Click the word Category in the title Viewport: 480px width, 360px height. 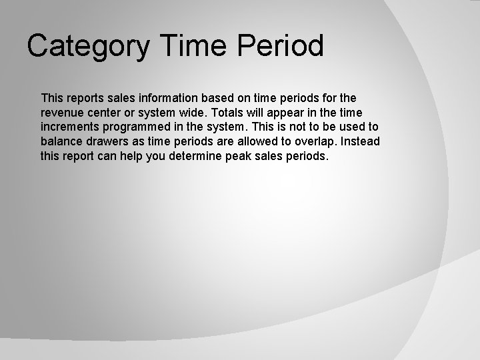click(x=84, y=47)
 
